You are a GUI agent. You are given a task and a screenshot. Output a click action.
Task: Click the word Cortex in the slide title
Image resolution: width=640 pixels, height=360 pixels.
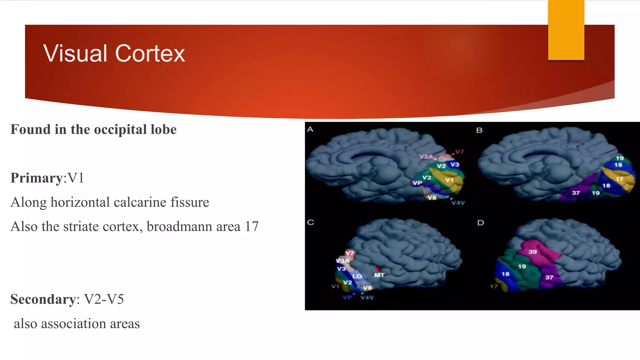(150, 53)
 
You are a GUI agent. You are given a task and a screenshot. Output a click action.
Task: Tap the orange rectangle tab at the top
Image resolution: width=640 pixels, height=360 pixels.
(566, 30)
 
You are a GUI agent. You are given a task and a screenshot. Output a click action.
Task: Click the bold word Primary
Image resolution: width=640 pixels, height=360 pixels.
(37, 178)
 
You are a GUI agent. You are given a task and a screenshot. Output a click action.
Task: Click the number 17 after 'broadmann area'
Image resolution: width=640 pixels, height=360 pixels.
(252, 227)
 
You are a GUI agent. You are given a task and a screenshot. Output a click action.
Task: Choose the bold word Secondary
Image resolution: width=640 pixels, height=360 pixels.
(43, 299)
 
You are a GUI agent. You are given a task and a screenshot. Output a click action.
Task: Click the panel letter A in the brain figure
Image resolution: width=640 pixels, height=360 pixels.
(310, 129)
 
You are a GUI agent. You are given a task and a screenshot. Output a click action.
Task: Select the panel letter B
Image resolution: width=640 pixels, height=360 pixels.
(479, 130)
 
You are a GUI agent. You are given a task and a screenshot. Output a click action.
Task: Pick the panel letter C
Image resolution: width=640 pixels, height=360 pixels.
(311, 222)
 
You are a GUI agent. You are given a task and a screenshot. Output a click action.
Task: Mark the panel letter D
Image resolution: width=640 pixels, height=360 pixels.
(481, 223)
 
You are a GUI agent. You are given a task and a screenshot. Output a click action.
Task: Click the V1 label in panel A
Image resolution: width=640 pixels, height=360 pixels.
(449, 180)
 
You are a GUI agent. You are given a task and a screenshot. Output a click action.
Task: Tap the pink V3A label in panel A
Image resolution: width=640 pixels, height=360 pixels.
(426, 157)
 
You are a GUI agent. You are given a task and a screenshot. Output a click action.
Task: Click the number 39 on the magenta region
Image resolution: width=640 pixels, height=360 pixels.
(532, 252)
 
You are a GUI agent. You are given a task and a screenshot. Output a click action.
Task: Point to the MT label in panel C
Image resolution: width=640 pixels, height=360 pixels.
(379, 275)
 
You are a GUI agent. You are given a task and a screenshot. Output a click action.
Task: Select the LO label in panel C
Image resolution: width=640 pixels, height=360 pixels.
(357, 276)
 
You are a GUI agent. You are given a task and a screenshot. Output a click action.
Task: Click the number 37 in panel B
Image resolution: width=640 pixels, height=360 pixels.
(576, 193)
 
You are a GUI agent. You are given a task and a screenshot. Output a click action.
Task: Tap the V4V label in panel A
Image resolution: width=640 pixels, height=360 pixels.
(458, 203)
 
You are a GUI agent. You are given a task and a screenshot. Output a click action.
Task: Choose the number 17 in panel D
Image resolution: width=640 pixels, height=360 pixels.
(494, 286)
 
